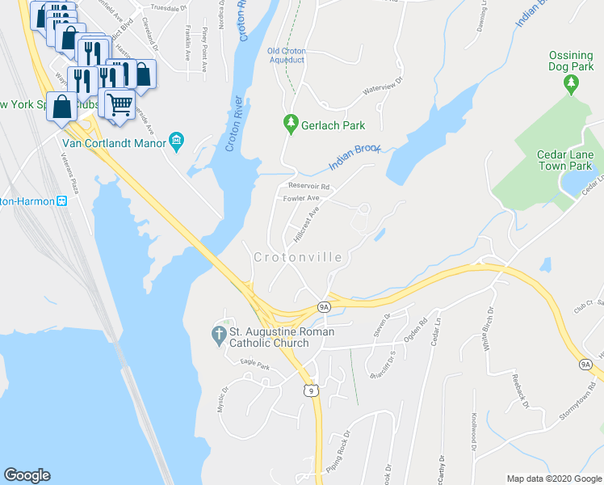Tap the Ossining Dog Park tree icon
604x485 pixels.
click(572, 82)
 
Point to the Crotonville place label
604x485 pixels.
click(298, 257)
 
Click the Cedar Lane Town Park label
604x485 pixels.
click(565, 160)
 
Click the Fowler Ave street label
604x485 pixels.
click(301, 198)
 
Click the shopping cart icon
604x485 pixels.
click(120, 103)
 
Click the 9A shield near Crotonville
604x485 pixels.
click(323, 307)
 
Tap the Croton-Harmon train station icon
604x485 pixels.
click(61, 200)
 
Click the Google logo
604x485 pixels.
click(27, 475)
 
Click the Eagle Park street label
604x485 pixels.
click(254, 365)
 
